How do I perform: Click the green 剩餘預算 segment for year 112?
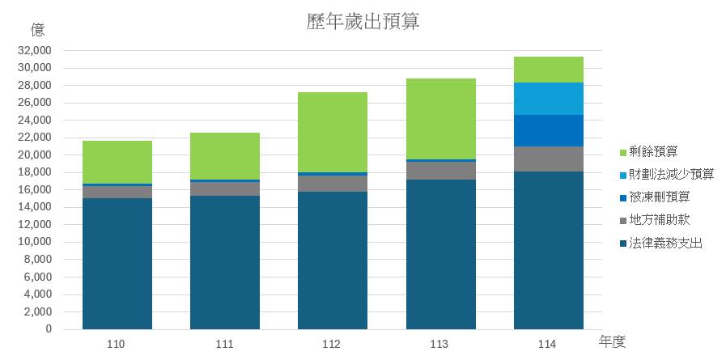pos(333,132)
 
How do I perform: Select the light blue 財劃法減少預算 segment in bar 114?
pos(548,99)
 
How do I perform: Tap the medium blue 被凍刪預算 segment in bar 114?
pos(548,130)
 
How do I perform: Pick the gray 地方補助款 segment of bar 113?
pos(440,170)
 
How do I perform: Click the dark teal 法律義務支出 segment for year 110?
pos(117,263)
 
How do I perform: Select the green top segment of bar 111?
pos(225,156)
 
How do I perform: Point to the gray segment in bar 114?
pos(548,159)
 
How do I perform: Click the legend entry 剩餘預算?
pos(652,150)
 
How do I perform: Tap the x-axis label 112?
pos(332,345)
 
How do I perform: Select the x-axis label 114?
pos(547,345)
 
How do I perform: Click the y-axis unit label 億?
pos(37,31)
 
